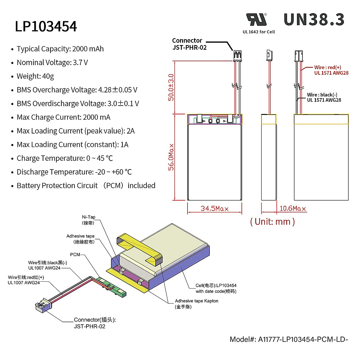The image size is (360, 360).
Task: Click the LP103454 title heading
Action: (x=46, y=26)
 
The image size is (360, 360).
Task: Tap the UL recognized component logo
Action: (x=256, y=20)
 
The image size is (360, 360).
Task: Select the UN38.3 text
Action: (x=314, y=20)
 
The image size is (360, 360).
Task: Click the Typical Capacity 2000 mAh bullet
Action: (x=60, y=49)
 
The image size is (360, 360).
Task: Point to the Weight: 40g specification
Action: (x=35, y=76)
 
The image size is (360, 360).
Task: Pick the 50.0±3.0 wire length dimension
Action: (x=171, y=87)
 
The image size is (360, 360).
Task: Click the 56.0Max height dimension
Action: (x=171, y=157)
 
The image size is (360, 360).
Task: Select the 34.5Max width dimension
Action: (x=214, y=208)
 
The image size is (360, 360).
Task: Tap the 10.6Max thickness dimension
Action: (x=292, y=208)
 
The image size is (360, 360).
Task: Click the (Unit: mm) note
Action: (x=272, y=222)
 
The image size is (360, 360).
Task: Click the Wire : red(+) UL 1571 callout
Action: (x=331, y=70)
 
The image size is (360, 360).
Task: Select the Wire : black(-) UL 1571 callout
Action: (x=324, y=97)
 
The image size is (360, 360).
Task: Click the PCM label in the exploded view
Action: (x=75, y=254)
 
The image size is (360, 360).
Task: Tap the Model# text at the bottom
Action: (x=289, y=339)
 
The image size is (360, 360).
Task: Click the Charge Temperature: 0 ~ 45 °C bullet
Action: (x=65, y=158)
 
